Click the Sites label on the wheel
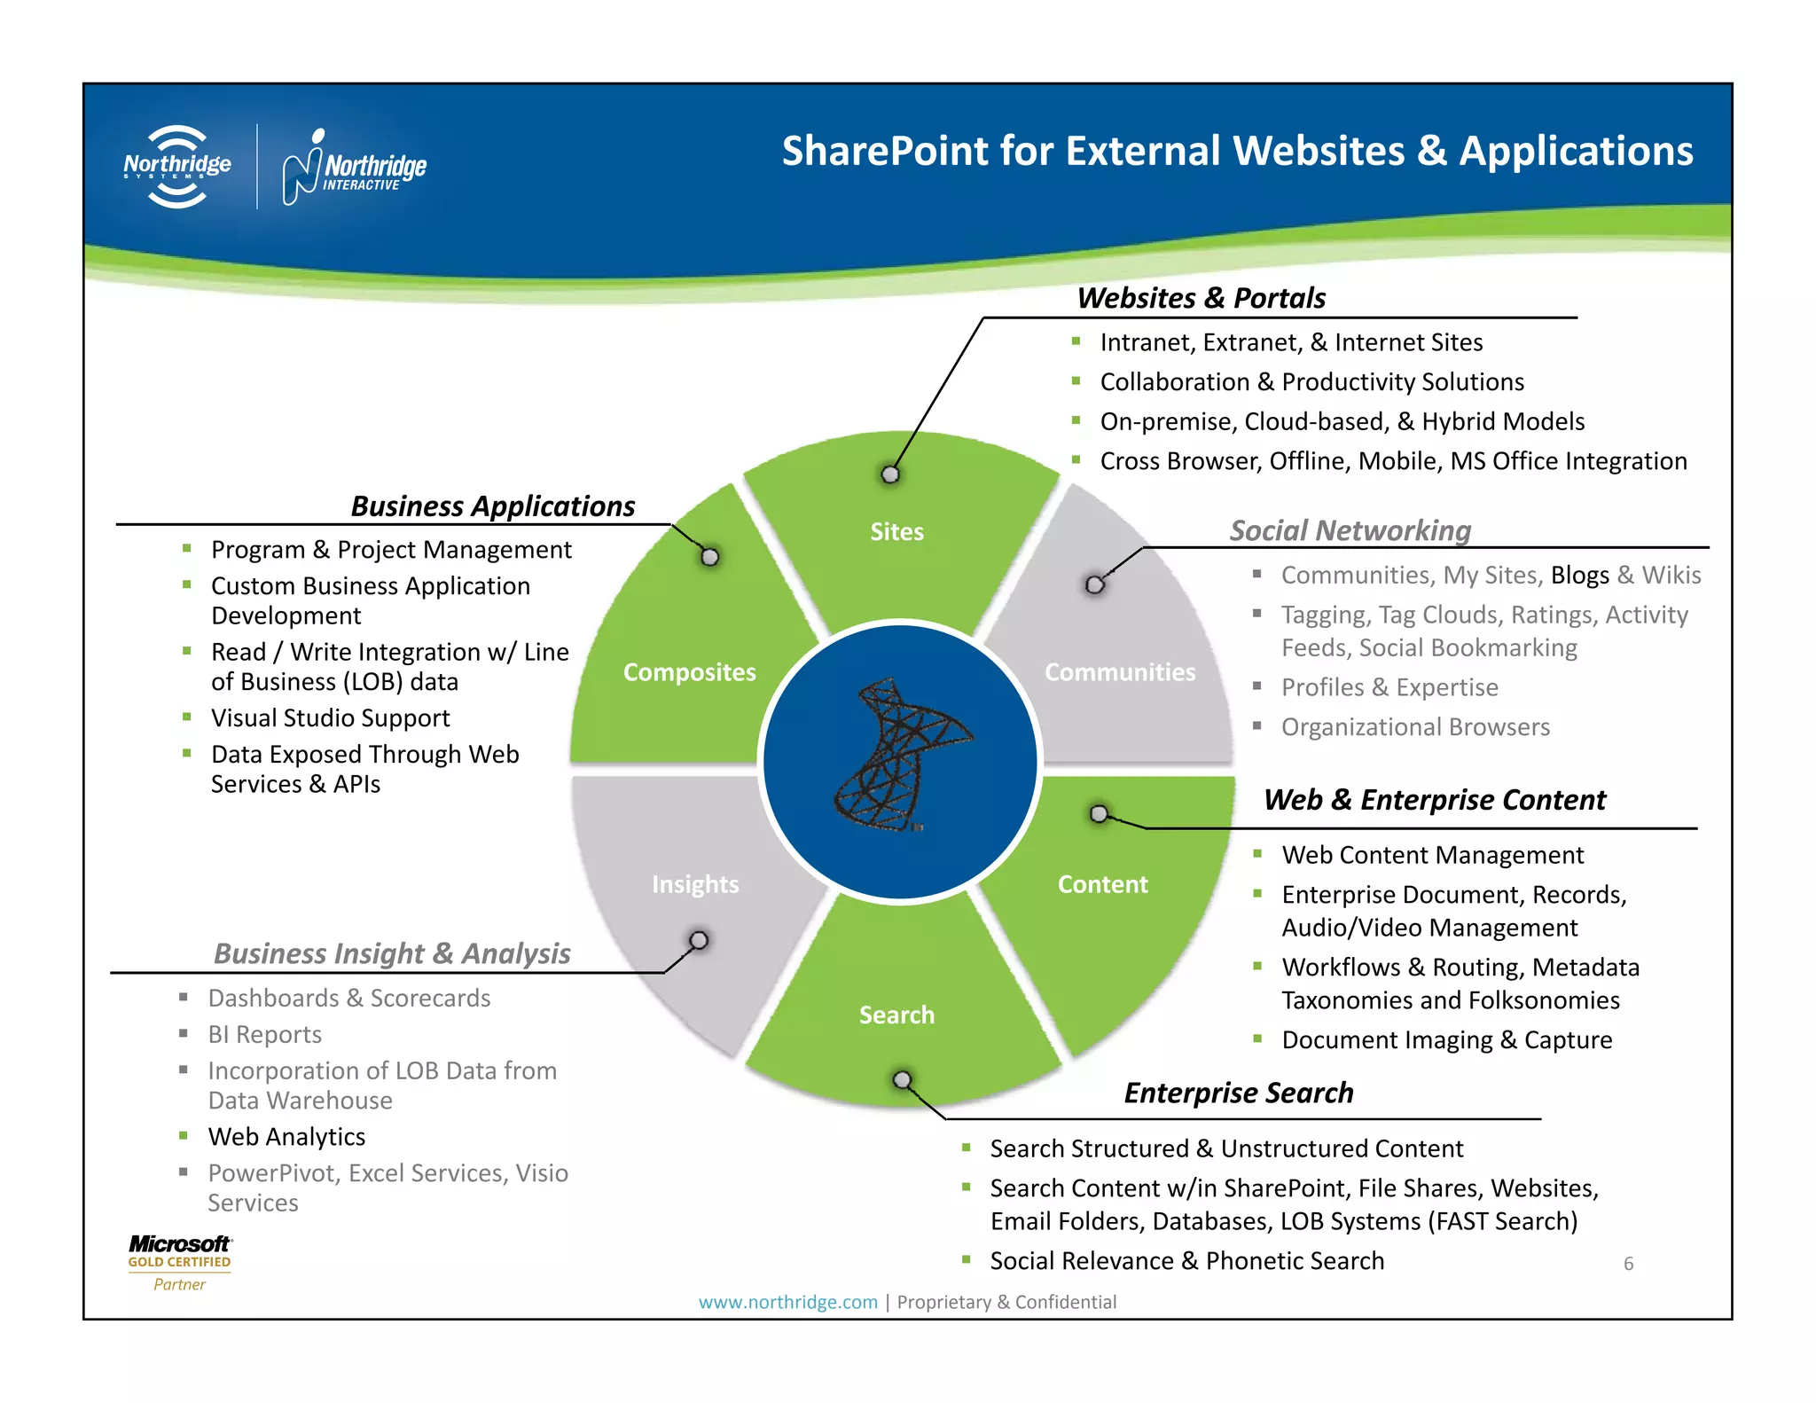896,531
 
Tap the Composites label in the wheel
689,672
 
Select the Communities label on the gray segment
1119,672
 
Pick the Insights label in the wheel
695,884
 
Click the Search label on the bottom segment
896,1015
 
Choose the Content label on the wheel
1102,884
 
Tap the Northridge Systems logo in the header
177,167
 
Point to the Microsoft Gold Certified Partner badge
179,1262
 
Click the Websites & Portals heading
1201,298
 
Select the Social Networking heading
1350,530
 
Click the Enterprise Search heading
1238,1093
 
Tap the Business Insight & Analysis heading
392,953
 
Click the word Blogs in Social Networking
1579,575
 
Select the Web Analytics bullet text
286,1137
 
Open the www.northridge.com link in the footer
787,1302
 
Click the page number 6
1628,1264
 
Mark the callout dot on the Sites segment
890,474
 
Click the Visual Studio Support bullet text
330,717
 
